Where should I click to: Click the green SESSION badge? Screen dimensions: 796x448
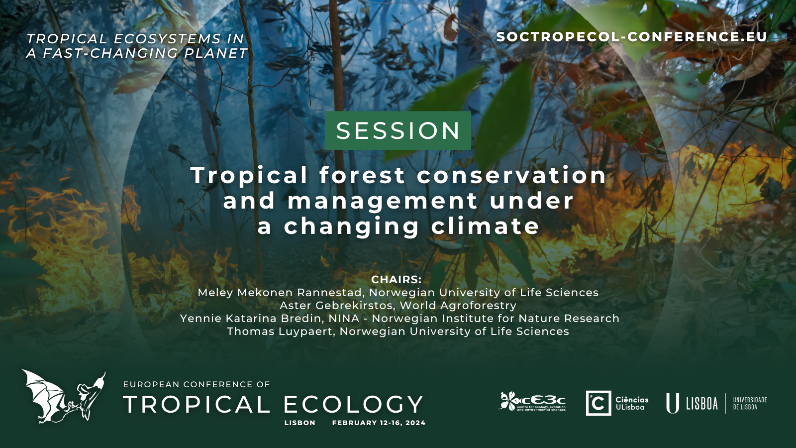[398, 130]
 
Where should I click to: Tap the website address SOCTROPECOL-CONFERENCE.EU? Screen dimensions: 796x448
[632, 37]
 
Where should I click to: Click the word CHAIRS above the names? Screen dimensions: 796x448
[396, 280]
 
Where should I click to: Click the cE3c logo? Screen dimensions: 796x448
[532, 402]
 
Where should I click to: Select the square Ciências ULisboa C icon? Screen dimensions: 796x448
[598, 403]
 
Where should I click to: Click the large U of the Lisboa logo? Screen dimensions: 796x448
[672, 403]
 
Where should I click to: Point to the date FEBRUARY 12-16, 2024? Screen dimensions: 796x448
[379, 423]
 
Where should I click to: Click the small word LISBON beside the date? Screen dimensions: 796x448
[300, 423]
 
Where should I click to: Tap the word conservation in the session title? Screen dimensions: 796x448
[511, 175]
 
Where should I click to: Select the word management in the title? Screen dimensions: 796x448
[383, 201]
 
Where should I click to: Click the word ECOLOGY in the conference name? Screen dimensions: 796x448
[353, 404]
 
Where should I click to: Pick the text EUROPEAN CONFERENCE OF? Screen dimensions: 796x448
[197, 384]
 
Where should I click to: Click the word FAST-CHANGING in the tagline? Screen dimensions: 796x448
[110, 53]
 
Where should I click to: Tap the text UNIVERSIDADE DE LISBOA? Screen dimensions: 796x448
[750, 404]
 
